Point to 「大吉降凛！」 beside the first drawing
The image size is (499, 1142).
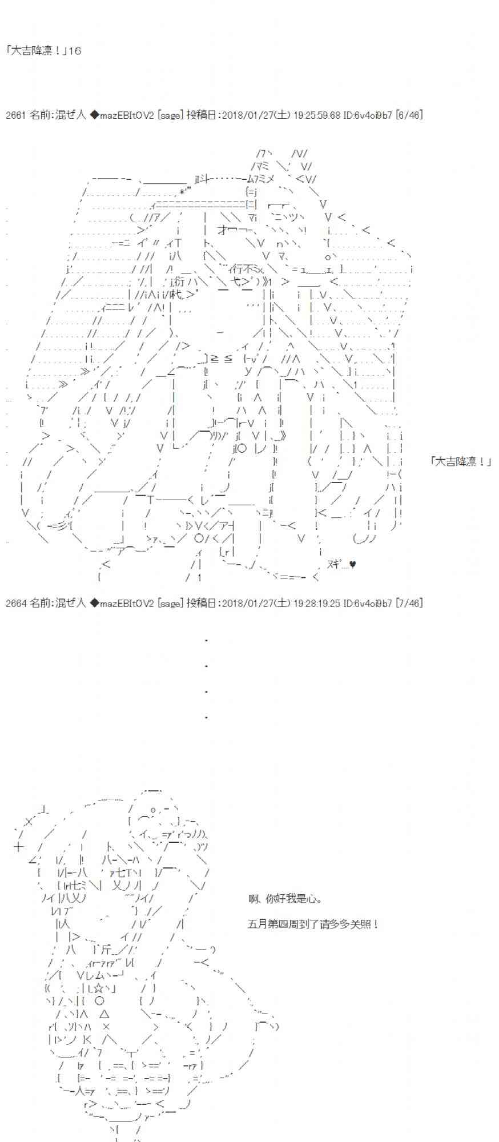[461, 461]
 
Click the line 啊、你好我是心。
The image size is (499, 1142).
[285, 899]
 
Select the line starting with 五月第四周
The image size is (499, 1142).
[313, 923]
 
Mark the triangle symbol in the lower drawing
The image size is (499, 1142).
[104, 1014]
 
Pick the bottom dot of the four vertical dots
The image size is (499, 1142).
[206, 717]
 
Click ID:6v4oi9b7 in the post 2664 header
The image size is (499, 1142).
[368, 603]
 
